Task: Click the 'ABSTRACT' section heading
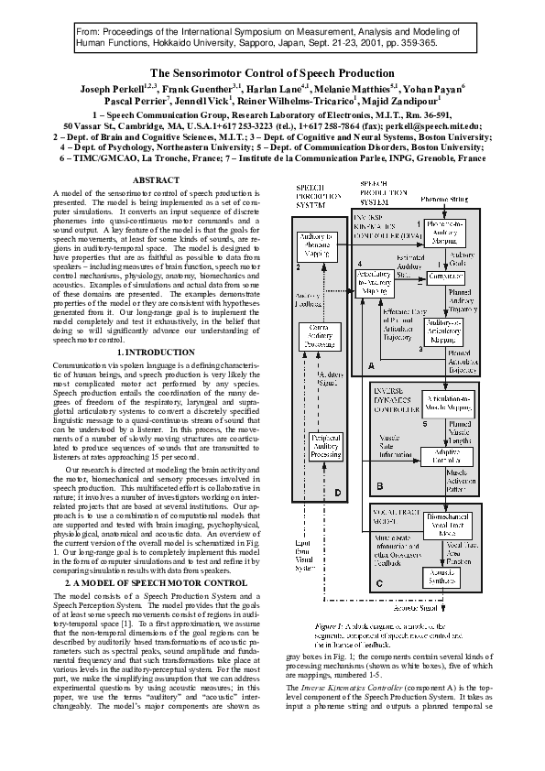point(157,180)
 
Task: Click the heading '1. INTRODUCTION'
point(157,378)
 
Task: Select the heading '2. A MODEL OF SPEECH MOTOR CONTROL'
point(157,582)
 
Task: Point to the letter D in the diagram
point(338,494)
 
